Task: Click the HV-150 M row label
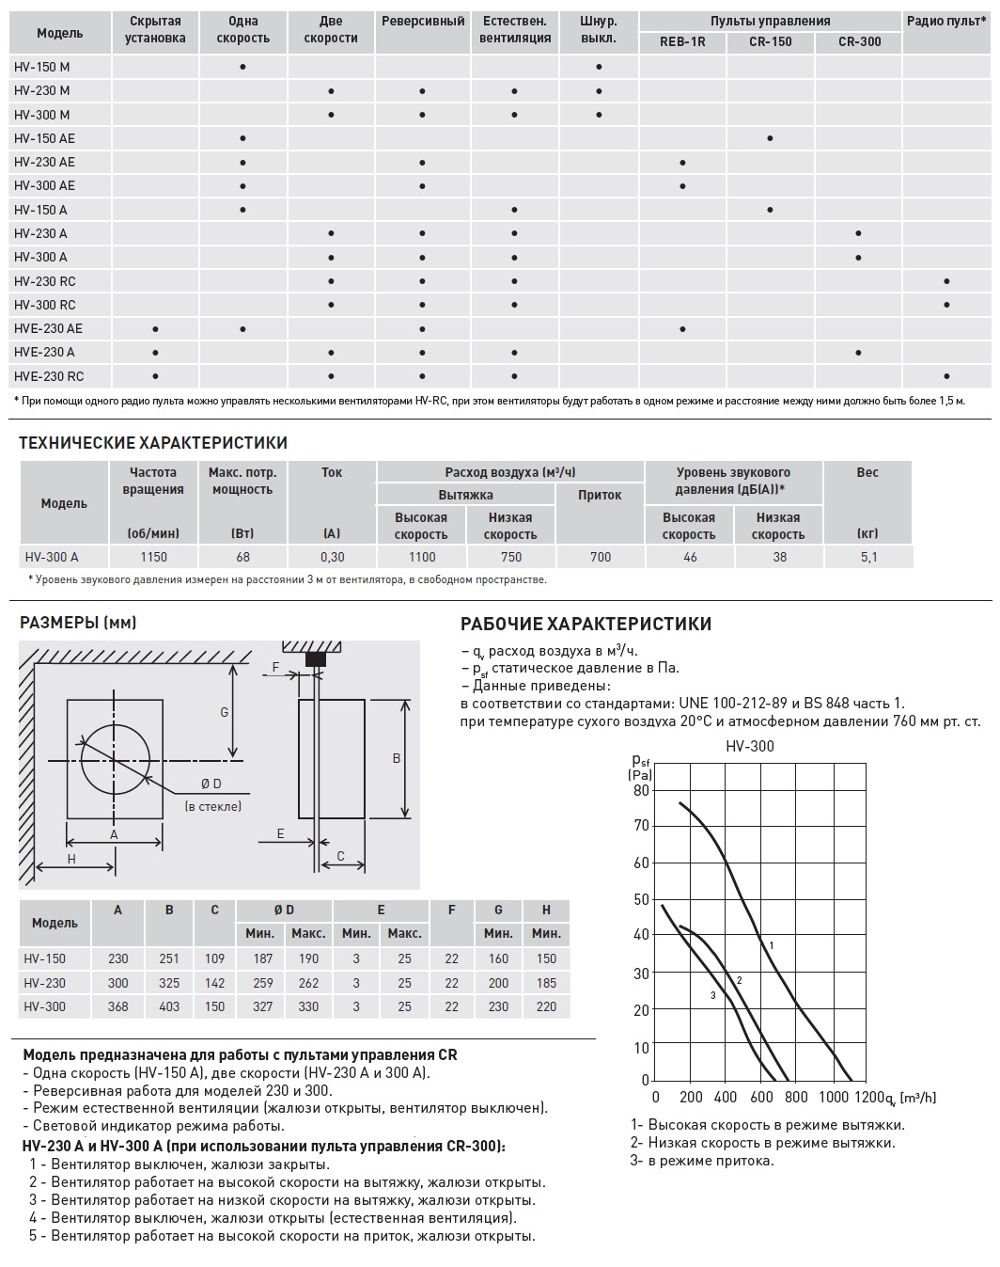(x=41, y=67)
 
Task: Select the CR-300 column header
(x=858, y=42)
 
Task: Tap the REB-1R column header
(x=682, y=42)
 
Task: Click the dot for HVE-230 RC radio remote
(x=946, y=376)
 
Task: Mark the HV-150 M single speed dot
(x=242, y=67)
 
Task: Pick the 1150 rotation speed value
(x=154, y=557)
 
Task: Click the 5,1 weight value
(x=867, y=557)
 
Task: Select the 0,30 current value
(x=332, y=557)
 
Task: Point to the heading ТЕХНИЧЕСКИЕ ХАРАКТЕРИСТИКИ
(x=153, y=443)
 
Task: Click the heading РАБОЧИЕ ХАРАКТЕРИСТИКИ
(x=586, y=624)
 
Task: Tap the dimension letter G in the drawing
(x=225, y=712)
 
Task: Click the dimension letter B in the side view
(x=397, y=758)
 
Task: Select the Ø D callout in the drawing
(x=211, y=784)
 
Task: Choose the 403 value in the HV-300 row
(x=169, y=1006)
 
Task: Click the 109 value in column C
(x=214, y=958)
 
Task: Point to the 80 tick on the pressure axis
(x=641, y=790)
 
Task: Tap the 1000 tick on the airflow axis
(x=833, y=1098)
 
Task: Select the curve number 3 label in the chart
(x=712, y=995)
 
